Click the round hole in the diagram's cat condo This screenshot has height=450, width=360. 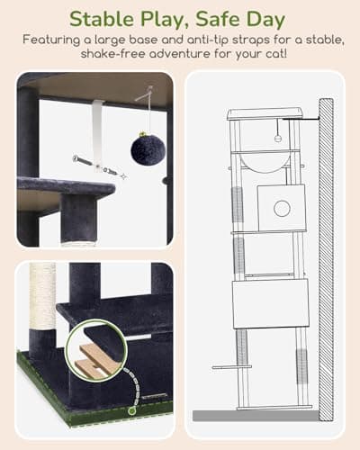point(281,208)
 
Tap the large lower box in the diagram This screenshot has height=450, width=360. point(269,303)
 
